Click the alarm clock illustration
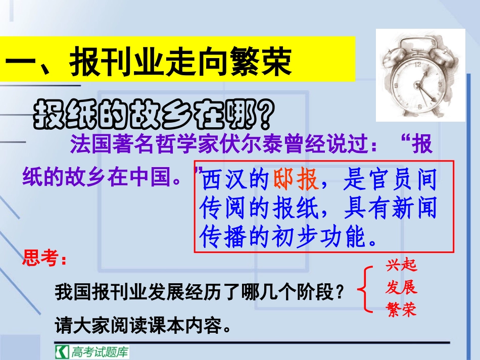[x=420, y=75]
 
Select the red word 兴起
[x=402, y=266]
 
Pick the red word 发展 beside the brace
[x=401, y=288]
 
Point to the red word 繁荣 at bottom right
[x=401, y=309]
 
